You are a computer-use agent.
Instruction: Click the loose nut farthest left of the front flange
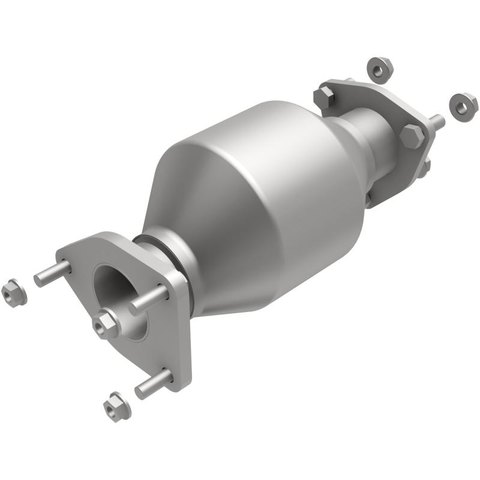(13, 293)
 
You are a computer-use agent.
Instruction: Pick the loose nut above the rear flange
(379, 69)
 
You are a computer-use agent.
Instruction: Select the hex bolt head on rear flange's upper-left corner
(325, 97)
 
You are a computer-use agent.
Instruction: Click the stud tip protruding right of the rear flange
(437, 122)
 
